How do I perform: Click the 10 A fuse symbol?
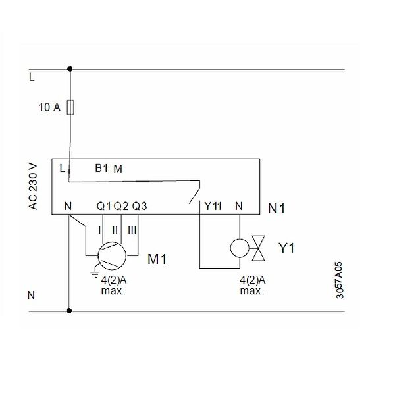(x=70, y=107)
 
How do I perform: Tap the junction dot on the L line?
(x=70, y=68)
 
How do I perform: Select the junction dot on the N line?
(x=69, y=311)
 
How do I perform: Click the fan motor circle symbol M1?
(x=112, y=256)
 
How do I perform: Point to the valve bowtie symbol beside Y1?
(x=258, y=248)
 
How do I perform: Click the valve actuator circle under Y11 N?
(x=240, y=248)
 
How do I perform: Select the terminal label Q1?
(x=104, y=206)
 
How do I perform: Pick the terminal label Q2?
(x=121, y=206)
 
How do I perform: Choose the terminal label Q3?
(x=140, y=206)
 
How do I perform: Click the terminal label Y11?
(x=213, y=206)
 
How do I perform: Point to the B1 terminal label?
(x=101, y=168)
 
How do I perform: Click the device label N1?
(x=276, y=209)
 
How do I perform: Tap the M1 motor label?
(x=157, y=259)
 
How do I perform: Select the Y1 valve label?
(x=286, y=248)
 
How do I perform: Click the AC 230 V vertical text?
(x=33, y=187)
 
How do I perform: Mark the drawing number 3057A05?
(x=340, y=280)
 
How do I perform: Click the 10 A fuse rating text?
(x=49, y=107)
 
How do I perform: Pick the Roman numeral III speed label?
(x=132, y=230)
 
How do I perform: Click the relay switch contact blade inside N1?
(x=194, y=192)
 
